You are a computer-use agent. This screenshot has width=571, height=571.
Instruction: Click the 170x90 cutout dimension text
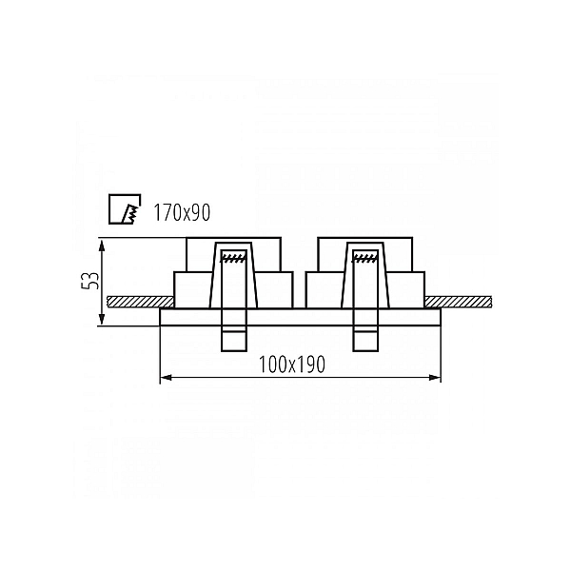tap(182, 212)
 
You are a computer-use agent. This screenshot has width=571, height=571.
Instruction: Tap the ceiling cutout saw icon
tap(125, 208)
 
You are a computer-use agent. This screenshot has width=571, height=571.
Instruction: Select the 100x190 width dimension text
tap(292, 364)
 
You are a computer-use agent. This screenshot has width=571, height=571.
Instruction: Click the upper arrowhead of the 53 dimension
tap(103, 246)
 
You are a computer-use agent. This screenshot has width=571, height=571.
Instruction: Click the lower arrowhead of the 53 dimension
tap(103, 319)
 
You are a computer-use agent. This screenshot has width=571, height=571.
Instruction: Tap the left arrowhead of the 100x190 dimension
tap(166, 378)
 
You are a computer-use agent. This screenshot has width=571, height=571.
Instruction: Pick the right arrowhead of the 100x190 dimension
tap(435, 378)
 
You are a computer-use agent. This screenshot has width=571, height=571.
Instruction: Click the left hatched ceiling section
tap(140, 302)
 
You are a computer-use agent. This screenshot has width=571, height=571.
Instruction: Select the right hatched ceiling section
tap(458, 302)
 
